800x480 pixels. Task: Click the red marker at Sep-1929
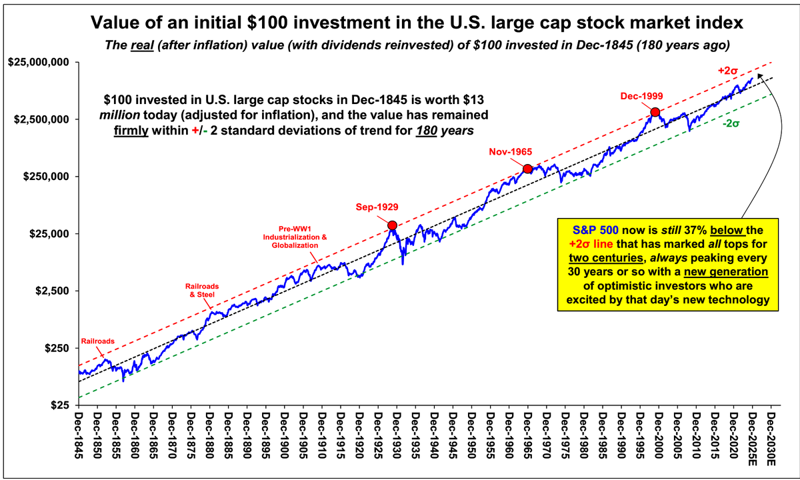[392, 226]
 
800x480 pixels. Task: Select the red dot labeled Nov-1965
[527, 169]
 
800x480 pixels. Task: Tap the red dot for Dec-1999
[655, 112]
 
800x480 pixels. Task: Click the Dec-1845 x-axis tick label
[80, 444]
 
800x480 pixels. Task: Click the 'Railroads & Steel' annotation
[201, 290]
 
